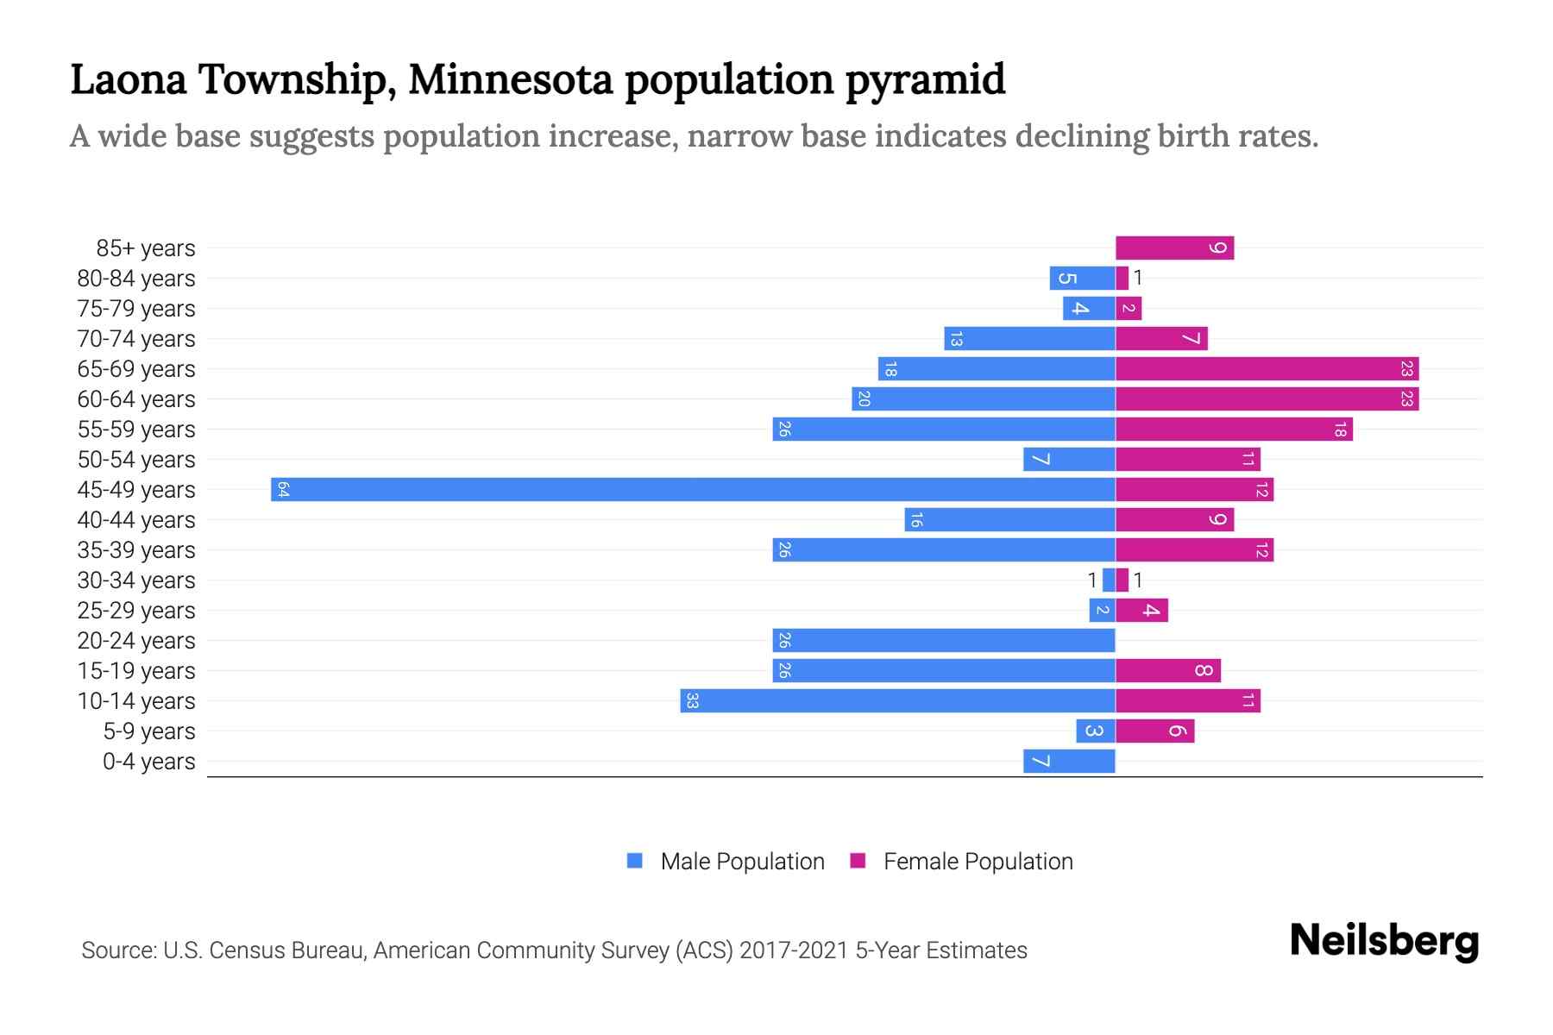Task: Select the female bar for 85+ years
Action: (1174, 248)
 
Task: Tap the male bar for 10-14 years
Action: (897, 700)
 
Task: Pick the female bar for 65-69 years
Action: (1267, 369)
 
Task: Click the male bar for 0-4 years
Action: (1069, 761)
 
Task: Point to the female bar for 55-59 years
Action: (1234, 430)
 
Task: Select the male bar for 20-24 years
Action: (944, 640)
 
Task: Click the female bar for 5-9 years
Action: (1154, 731)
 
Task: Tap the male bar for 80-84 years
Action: (1082, 279)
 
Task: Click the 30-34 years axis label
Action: (136, 580)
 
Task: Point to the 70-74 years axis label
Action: (136, 339)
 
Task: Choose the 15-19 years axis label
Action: (136, 671)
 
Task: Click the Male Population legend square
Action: (635, 861)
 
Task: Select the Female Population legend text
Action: (978, 862)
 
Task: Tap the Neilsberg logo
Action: (1384, 942)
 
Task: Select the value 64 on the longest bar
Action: (282, 490)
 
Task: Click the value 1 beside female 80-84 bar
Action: (1138, 278)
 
